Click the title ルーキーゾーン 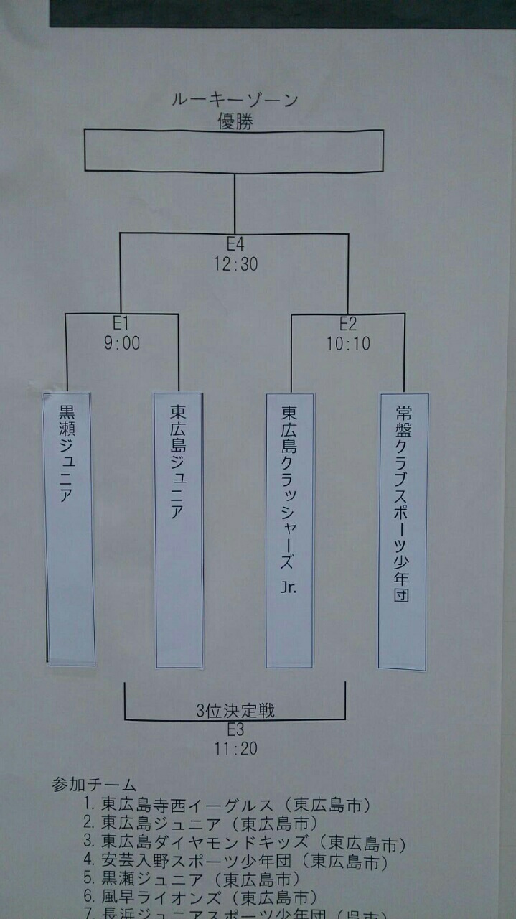click(x=235, y=100)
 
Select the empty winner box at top click(x=234, y=151)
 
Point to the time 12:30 click(x=235, y=264)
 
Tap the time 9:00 click(x=121, y=343)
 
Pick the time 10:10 click(x=348, y=344)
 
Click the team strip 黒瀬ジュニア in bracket click(x=70, y=528)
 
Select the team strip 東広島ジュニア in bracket click(x=179, y=529)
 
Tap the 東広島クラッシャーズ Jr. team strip click(x=290, y=530)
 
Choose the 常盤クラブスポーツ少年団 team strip click(x=403, y=531)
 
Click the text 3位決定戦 click(x=235, y=712)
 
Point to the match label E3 click(x=235, y=730)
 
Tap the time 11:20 click(x=235, y=749)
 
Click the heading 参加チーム click(x=94, y=785)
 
